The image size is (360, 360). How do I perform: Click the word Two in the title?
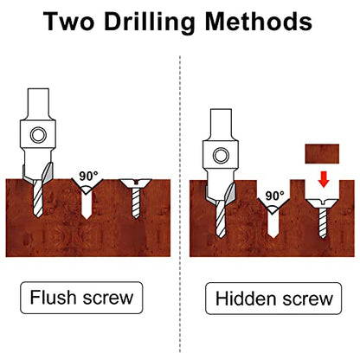point(68,22)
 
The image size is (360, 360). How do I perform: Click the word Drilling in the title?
point(149,22)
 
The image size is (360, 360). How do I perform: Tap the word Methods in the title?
point(259,22)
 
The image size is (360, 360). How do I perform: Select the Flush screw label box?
point(81,298)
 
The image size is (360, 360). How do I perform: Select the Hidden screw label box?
point(273,299)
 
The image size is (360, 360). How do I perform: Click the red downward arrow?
point(324,179)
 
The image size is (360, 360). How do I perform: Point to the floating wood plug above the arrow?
point(322,154)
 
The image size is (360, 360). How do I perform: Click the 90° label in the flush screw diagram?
point(88,176)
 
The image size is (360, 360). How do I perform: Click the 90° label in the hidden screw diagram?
point(274,196)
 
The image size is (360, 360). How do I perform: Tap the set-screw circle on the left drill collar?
point(38,135)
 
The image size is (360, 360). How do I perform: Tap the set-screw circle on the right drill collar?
point(221,156)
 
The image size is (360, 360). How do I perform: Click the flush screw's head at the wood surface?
point(136,183)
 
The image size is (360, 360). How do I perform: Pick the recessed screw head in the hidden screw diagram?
point(322,203)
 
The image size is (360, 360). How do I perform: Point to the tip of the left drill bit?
point(38,217)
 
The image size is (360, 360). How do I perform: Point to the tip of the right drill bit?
point(221,237)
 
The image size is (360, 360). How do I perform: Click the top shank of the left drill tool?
point(38,104)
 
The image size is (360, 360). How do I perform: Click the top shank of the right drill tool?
point(221,125)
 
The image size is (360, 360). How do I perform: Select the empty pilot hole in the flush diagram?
point(87,205)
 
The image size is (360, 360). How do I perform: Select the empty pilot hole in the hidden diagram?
point(273,225)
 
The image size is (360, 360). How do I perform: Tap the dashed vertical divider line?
point(180,204)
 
